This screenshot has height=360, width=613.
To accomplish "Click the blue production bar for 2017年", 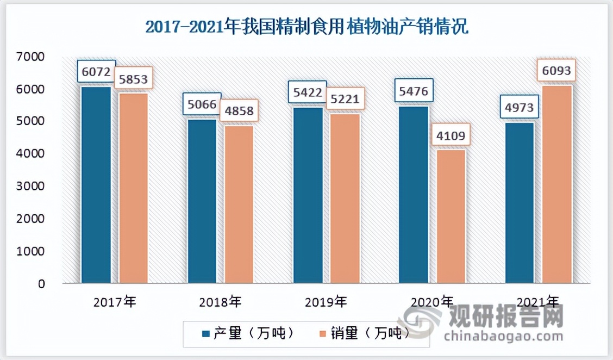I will tap(96, 185).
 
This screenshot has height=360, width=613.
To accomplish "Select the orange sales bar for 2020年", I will tap(451, 216).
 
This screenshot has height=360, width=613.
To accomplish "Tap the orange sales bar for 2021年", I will tap(557, 185).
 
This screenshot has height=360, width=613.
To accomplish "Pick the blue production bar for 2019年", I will tap(308, 196).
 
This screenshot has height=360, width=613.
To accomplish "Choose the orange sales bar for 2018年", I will tap(239, 204).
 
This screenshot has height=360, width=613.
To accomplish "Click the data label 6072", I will tap(96, 72).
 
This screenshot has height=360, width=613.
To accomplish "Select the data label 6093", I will tap(557, 71).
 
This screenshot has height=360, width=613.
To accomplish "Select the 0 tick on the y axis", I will tap(41, 284).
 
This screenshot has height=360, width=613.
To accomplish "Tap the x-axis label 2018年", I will tap(221, 301).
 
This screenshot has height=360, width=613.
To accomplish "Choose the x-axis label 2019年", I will tap(326, 301).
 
